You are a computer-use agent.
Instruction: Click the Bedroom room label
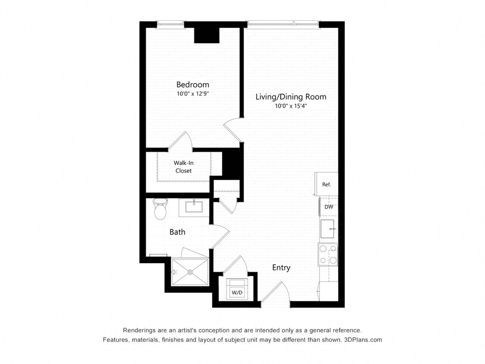[193, 85]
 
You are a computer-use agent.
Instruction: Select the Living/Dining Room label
[291, 97]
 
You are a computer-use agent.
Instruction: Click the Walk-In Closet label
[183, 167]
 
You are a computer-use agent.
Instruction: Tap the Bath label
[177, 232]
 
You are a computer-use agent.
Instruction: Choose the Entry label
[281, 268]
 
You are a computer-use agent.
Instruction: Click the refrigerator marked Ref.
[326, 184]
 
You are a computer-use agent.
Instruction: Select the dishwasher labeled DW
[329, 207]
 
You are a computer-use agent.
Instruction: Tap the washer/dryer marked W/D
[237, 289]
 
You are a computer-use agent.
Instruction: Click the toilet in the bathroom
[160, 210]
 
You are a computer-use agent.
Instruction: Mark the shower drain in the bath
[190, 272]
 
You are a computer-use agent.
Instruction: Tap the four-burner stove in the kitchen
[328, 254]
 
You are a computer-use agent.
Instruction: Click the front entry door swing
[275, 293]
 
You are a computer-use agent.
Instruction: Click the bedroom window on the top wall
[170, 23]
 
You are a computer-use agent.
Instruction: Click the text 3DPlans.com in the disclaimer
[363, 340]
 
